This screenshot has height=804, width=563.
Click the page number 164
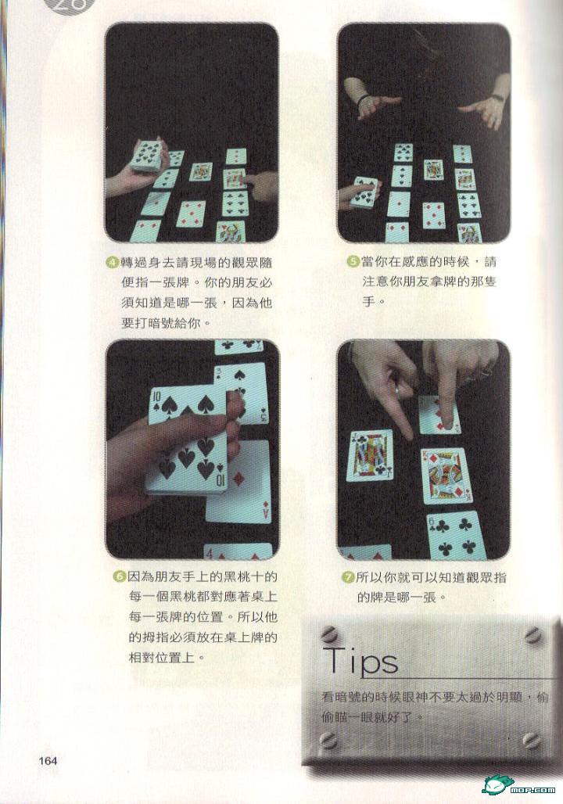48,761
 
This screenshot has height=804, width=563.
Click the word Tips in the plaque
360,660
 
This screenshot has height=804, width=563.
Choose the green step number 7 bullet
348,578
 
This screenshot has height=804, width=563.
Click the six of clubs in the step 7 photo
457,537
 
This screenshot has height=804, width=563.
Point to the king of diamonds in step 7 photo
445,476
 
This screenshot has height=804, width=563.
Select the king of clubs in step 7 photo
369,455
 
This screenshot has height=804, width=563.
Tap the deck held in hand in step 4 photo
149,154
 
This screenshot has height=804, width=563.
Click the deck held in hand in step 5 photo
367,192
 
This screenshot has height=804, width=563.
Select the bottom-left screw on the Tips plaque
328,739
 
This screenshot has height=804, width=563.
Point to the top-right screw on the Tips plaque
534,635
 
